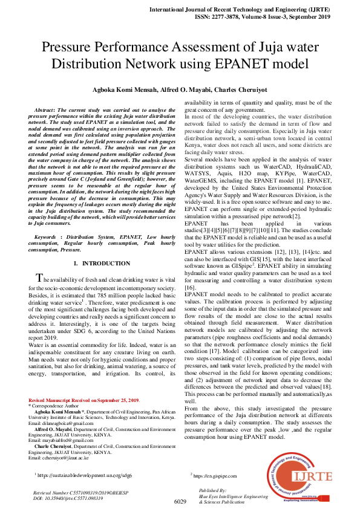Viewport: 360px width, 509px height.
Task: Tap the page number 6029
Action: pyautogui.click(x=180, y=502)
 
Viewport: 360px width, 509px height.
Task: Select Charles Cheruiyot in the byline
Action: pyautogui.click(x=241, y=89)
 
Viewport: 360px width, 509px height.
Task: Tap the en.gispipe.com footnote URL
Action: pyautogui.click(x=219, y=476)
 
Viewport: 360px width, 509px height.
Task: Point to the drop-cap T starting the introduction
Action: pyautogui.click(x=40, y=278)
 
